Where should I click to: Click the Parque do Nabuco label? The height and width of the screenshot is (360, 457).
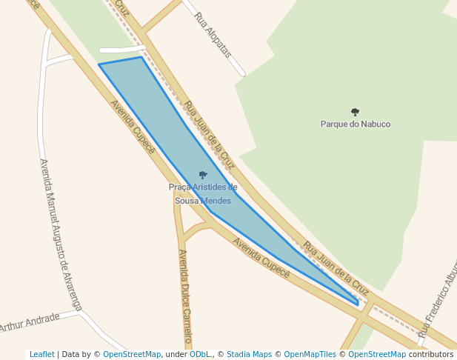[355, 124]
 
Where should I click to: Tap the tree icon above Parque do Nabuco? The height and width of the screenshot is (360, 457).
[355, 112]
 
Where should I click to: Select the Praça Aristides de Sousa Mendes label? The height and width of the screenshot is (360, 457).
[203, 194]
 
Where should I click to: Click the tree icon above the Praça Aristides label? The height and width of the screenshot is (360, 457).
[203, 176]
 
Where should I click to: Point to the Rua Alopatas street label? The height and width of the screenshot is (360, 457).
[213, 35]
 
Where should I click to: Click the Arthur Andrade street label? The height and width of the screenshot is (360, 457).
[30, 323]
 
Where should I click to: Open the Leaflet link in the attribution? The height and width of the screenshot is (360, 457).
[41, 354]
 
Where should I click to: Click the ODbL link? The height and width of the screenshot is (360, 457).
[200, 354]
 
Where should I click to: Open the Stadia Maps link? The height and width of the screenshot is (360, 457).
[249, 354]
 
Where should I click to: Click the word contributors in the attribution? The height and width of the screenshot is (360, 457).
[431, 354]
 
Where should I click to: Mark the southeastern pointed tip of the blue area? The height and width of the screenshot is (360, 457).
[358, 304]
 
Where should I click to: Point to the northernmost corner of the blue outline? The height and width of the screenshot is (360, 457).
[141, 57]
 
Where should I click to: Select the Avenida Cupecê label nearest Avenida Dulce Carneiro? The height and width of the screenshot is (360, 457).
[261, 258]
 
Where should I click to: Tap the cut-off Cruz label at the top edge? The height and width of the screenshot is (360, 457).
[122, 7]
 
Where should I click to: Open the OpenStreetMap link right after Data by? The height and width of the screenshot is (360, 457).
[132, 354]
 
